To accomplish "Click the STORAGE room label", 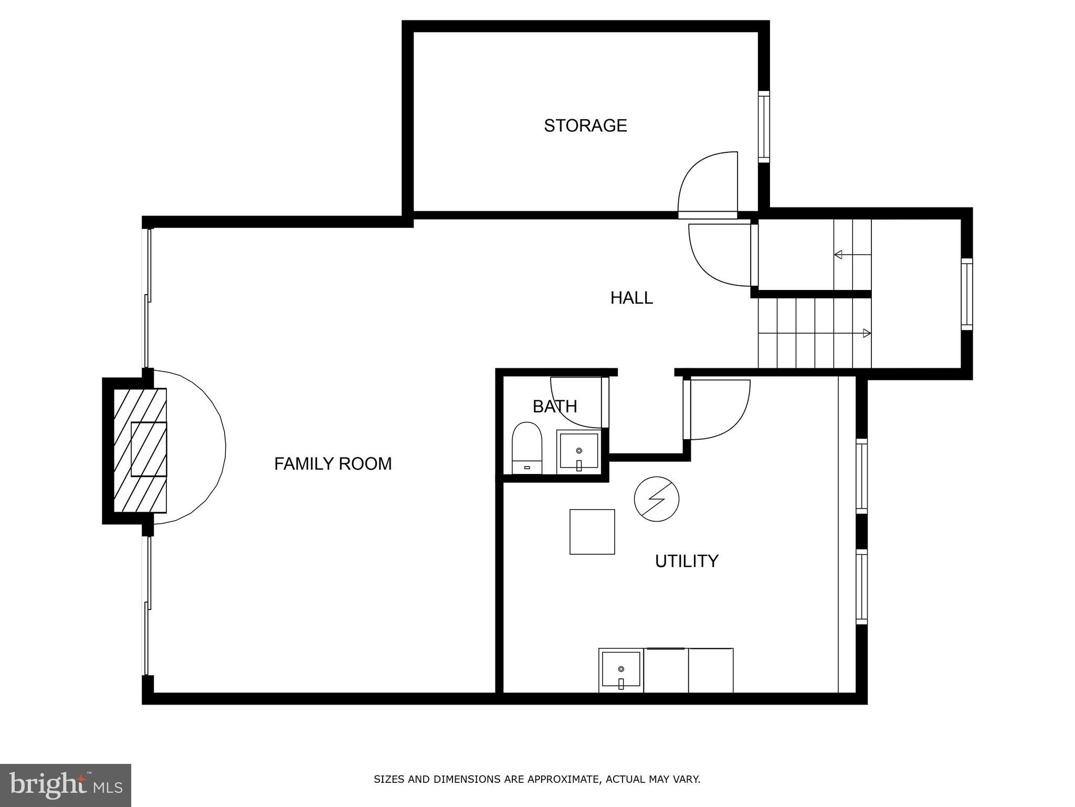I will click(x=585, y=126).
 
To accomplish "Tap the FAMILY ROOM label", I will click(x=333, y=463).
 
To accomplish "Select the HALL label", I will click(x=631, y=298).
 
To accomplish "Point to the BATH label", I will click(x=554, y=406).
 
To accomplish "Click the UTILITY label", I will click(x=686, y=561).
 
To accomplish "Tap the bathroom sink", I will click(x=578, y=451).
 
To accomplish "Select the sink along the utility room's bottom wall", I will click(x=620, y=670).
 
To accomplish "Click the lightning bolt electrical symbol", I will click(x=656, y=499).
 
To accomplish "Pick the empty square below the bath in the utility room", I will click(x=592, y=532).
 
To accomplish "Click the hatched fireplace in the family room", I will click(x=141, y=450).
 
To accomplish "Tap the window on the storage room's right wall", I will click(x=764, y=127).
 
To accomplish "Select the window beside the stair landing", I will click(x=966, y=294).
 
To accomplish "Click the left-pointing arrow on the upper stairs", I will click(x=839, y=255).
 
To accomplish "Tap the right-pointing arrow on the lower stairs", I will click(x=866, y=333).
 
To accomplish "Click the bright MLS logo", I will click(x=65, y=785).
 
